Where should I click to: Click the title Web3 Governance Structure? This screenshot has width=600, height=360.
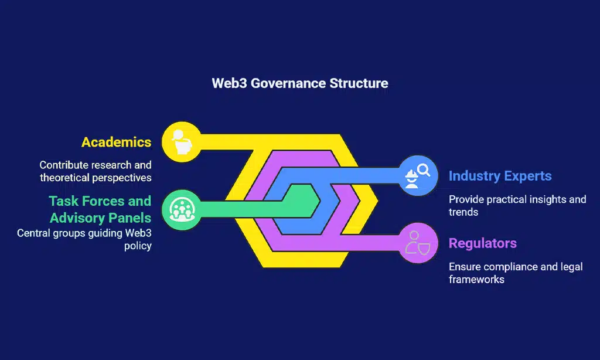(x=299, y=83)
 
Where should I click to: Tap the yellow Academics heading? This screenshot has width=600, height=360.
(x=116, y=142)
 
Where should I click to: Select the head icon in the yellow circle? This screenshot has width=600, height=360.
(x=181, y=141)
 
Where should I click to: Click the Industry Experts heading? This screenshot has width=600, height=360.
(x=500, y=175)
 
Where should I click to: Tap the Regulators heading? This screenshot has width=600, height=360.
(x=483, y=243)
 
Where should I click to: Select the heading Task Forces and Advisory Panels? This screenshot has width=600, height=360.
(x=100, y=209)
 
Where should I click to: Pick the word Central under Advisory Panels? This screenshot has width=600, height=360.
(x=35, y=233)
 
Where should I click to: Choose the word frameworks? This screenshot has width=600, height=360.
(x=476, y=279)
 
